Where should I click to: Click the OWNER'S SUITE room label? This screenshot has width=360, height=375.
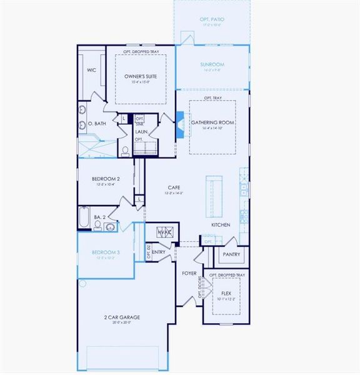(x=140, y=76)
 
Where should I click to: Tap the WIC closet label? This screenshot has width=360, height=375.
(x=91, y=71)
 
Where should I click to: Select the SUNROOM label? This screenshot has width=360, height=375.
(x=212, y=64)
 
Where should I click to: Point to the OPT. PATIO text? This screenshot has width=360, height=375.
(x=212, y=20)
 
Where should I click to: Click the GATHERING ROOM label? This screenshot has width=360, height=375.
(x=212, y=122)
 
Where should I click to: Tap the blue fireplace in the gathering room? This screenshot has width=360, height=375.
(x=179, y=123)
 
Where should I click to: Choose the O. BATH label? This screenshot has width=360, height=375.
(x=97, y=124)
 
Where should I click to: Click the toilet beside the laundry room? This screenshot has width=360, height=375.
(x=125, y=151)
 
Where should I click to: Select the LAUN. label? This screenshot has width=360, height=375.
(x=141, y=131)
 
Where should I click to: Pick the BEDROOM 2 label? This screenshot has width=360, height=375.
(x=106, y=178)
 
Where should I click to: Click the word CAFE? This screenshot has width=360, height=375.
(x=174, y=187)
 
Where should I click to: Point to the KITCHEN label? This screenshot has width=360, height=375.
(x=221, y=225)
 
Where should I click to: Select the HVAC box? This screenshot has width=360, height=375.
(x=164, y=232)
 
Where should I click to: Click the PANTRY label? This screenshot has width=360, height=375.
(x=231, y=254)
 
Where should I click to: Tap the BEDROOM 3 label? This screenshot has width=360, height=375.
(x=106, y=252)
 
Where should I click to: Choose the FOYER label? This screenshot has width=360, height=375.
(x=189, y=274)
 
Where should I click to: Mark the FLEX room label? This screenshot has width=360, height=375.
(x=226, y=292)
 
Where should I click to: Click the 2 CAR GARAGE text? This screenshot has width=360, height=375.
(x=122, y=317)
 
